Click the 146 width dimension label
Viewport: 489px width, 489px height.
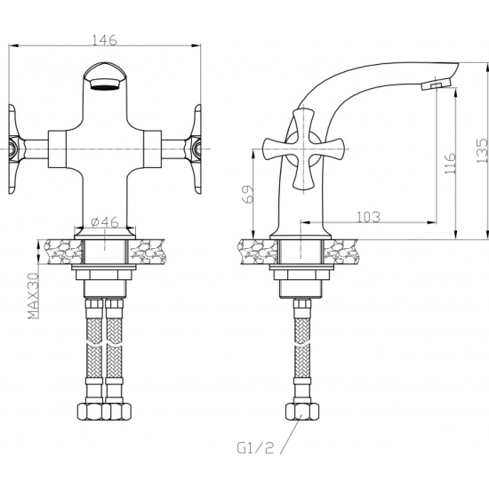(105, 40)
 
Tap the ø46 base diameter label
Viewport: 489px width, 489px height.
(105, 222)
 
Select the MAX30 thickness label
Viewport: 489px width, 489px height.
(34, 296)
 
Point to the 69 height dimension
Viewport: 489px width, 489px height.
(248, 195)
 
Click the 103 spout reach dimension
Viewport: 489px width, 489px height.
(368, 217)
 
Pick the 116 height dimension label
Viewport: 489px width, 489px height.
(450, 163)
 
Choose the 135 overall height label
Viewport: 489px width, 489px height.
(482, 150)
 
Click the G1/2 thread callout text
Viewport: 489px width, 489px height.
(255, 448)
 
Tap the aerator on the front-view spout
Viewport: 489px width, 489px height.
(105, 84)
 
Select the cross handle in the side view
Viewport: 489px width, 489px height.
(303, 148)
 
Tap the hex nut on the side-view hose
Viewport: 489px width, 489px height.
(302, 412)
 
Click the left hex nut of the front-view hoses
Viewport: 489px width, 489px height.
(90, 412)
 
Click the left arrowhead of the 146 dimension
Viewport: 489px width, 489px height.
(12, 46)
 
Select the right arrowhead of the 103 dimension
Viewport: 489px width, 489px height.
(431, 222)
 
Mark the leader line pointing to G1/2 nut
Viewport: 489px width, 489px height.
(291, 434)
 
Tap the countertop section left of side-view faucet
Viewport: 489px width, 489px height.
(258, 252)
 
